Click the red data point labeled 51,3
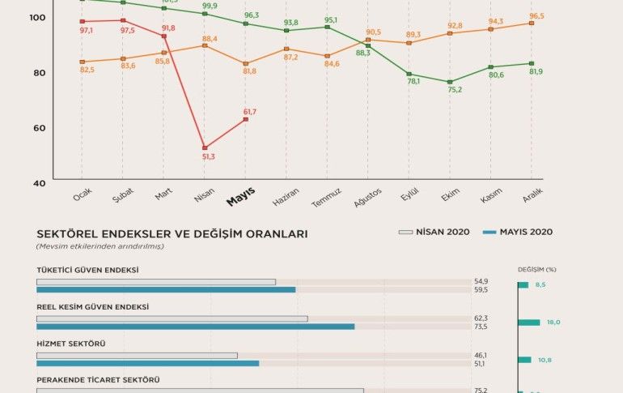[205, 148]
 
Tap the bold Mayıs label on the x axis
[240, 197]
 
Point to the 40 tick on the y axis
[40, 182]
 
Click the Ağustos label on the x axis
[367, 199]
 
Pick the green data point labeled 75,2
[450, 82]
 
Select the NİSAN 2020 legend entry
[434, 232]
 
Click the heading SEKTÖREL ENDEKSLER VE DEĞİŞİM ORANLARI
[172, 233]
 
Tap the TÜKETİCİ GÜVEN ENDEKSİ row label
[87, 270]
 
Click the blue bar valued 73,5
[195, 327]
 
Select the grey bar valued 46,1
[137, 355]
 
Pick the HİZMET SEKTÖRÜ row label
[71, 344]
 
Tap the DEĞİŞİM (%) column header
[537, 269]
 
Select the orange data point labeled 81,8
[246, 63]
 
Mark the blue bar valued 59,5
[166, 289]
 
